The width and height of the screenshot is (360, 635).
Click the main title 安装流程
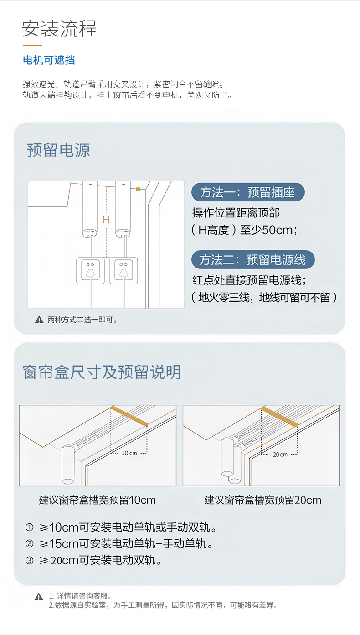click(59, 29)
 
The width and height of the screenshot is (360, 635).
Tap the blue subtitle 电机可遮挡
click(49, 60)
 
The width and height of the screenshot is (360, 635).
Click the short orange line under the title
click(32, 45)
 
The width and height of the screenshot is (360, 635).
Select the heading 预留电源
click(58, 150)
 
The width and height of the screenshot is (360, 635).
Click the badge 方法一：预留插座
click(247, 192)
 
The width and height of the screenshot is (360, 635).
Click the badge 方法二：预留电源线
click(252, 260)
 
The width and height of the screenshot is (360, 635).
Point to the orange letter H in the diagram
click(106, 220)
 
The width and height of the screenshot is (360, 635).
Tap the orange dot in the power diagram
click(138, 189)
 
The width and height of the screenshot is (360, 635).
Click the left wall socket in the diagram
click(90, 270)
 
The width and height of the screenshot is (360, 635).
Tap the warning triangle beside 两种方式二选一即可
click(39, 320)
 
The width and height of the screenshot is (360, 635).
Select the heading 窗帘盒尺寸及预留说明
click(102, 372)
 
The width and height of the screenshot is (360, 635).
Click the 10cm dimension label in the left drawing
click(129, 453)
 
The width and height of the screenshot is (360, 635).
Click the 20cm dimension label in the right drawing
click(280, 454)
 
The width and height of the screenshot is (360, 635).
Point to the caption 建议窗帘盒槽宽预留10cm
click(97, 500)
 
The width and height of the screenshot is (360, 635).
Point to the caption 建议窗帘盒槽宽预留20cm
click(262, 500)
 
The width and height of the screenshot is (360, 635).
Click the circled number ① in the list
click(30, 528)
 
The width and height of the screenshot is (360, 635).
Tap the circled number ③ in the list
click(30, 561)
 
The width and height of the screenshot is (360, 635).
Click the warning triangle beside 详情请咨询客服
click(39, 597)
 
